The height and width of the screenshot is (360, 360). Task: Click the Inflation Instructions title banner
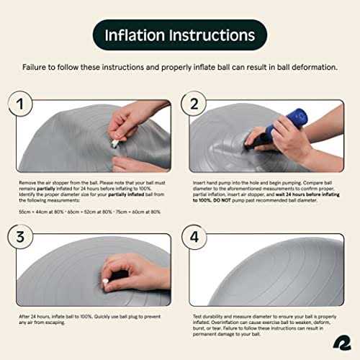pyautogui.click(x=180, y=35)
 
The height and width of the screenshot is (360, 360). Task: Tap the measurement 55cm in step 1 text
pyautogui.click(x=24, y=210)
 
